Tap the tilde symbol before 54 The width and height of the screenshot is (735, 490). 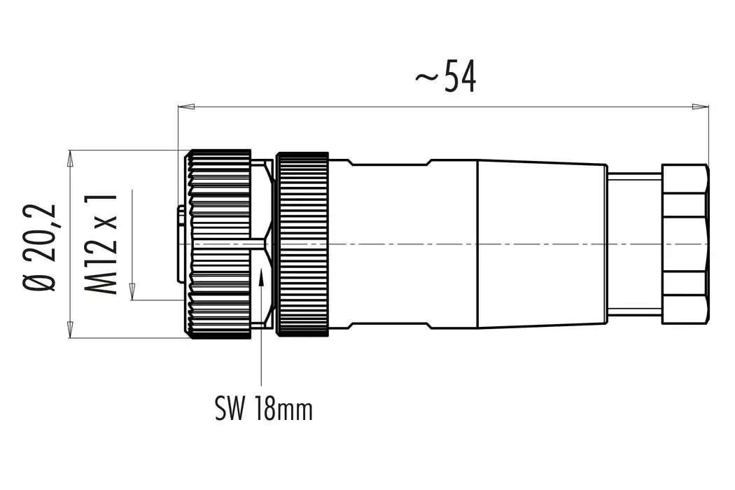click(x=426, y=79)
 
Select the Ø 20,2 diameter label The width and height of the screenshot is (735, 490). click(x=41, y=248)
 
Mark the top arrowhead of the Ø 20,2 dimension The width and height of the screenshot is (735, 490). click(x=69, y=159)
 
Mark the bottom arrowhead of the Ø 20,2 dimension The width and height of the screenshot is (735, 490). click(x=69, y=329)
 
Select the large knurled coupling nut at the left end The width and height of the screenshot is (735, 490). click(x=218, y=244)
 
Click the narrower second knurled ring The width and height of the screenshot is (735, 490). click(x=302, y=244)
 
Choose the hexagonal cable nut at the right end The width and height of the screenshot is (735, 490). click(x=685, y=244)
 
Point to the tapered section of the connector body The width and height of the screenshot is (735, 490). click(x=541, y=244)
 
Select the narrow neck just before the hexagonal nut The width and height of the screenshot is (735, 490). click(x=633, y=244)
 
